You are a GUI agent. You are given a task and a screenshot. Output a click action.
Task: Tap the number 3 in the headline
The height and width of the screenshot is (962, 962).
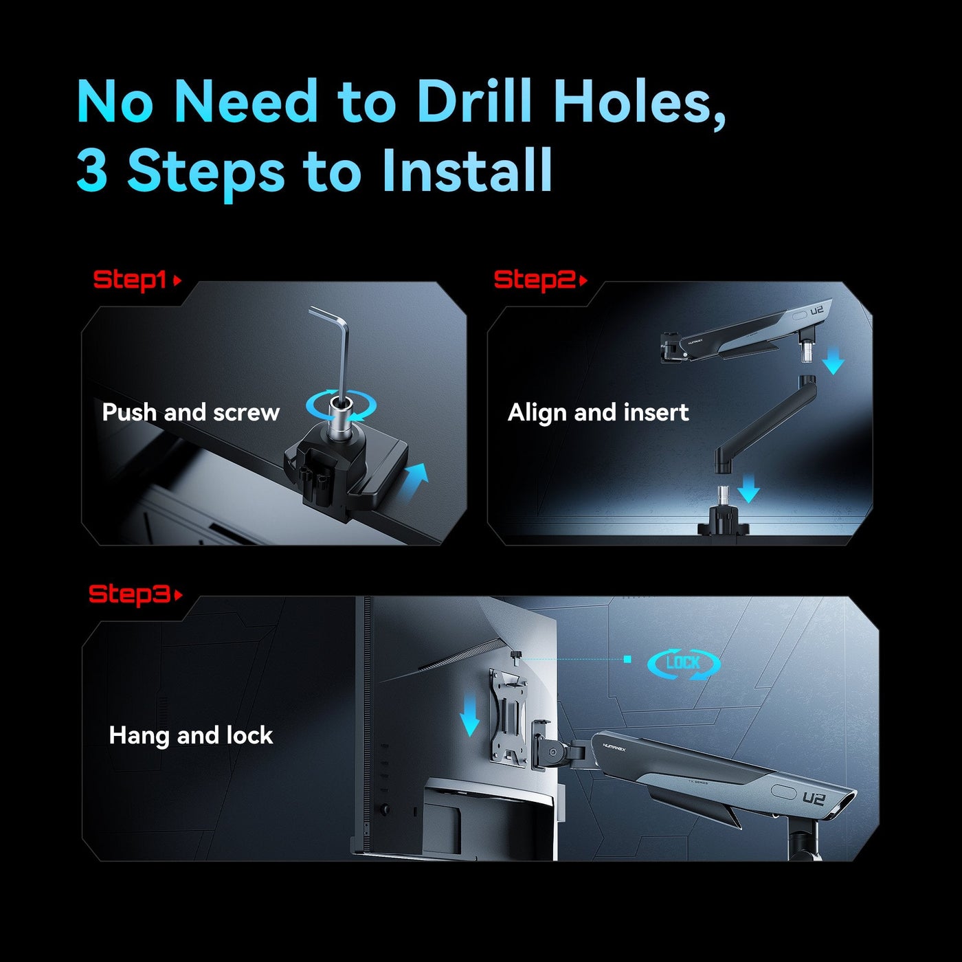click(92, 170)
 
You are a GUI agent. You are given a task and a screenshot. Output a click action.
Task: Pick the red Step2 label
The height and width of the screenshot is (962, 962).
click(535, 280)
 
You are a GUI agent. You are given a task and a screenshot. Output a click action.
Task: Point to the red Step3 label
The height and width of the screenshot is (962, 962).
click(129, 594)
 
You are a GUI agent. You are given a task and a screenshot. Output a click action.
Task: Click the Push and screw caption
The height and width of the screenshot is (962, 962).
click(191, 412)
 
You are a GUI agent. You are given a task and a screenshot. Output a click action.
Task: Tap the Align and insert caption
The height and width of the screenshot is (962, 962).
click(598, 413)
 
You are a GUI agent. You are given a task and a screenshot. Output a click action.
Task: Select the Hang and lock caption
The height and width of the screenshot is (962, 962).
click(191, 735)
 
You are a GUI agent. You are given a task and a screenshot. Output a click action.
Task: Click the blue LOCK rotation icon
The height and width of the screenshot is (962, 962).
click(684, 664)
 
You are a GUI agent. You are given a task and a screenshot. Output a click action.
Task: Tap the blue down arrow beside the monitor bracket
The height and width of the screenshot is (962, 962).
click(469, 717)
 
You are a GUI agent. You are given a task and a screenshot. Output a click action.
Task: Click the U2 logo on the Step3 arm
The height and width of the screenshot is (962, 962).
click(813, 799)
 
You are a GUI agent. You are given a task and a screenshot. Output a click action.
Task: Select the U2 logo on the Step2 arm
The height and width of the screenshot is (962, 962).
click(817, 311)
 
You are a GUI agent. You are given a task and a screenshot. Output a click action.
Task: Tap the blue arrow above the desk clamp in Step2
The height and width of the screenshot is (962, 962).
click(748, 489)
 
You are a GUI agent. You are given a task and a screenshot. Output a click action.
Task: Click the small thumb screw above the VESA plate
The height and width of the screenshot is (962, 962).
click(515, 656)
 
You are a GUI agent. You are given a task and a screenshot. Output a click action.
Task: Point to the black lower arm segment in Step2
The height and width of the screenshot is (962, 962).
click(764, 425)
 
